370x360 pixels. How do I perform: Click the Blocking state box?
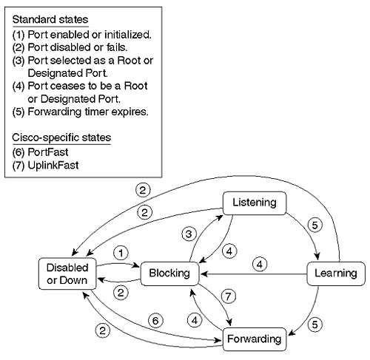pos(169,273)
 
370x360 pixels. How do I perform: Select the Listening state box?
pos(254,202)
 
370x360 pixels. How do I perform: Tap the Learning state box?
pos(336,273)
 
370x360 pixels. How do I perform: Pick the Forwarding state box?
pos(254,339)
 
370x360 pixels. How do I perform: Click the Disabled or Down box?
pos(62,274)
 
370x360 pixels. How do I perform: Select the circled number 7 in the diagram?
pos(228,296)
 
